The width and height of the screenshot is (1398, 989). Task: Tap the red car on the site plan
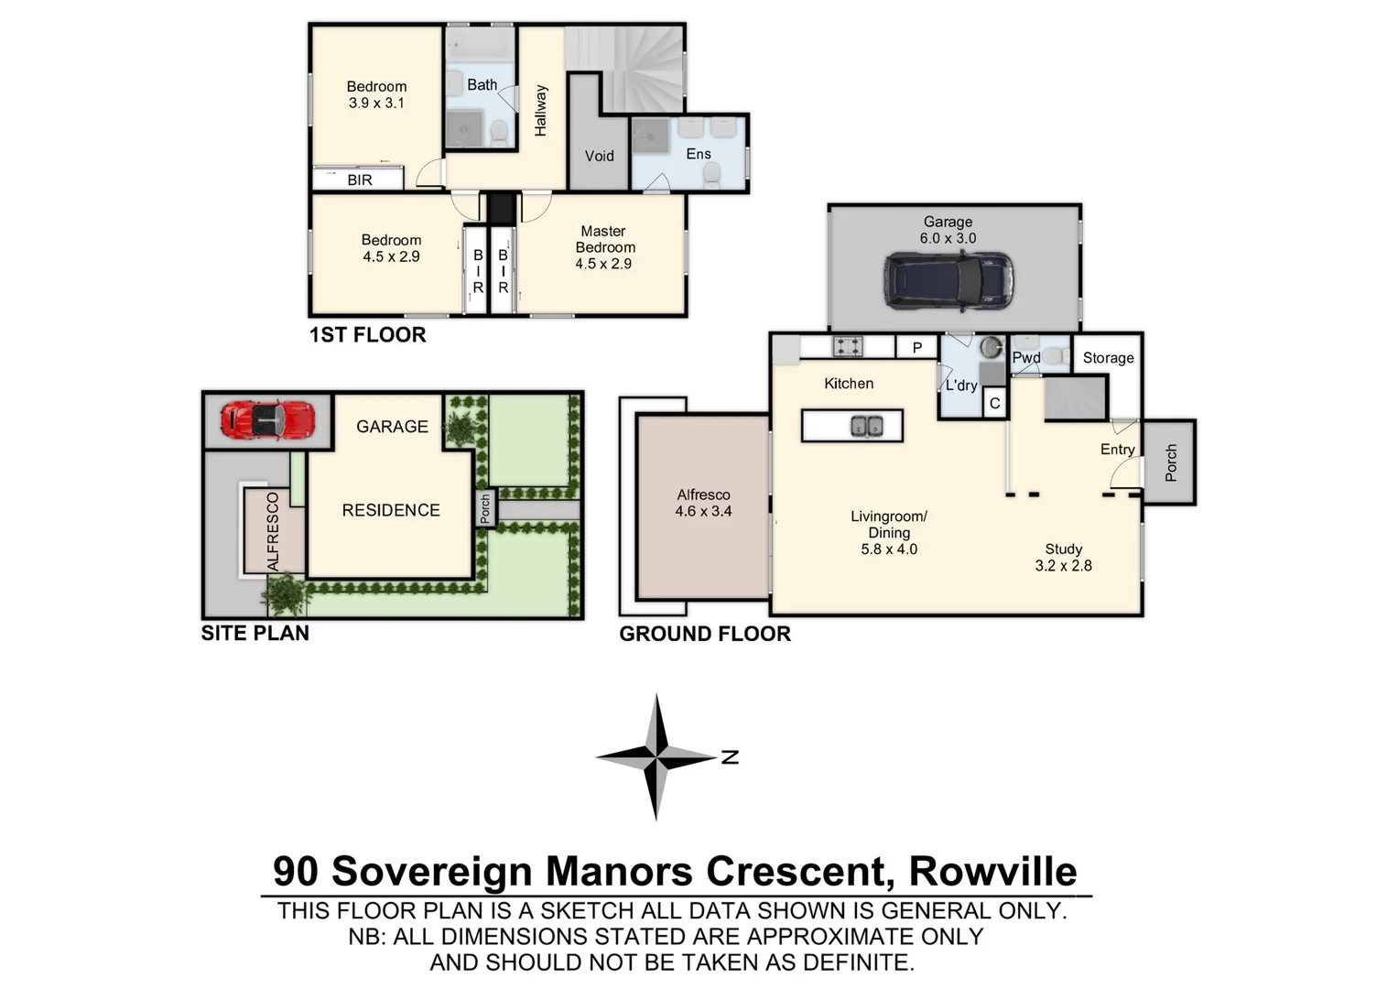[x=267, y=420]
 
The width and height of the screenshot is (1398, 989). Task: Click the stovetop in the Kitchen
[x=847, y=346]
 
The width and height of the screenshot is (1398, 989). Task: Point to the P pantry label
[x=916, y=348]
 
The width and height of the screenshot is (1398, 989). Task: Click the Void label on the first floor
[x=599, y=156]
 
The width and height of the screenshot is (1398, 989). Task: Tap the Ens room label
[x=698, y=154]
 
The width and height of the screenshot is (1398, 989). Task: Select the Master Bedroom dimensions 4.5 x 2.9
[x=603, y=264]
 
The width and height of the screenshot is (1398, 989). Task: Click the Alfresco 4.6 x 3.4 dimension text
[x=703, y=511]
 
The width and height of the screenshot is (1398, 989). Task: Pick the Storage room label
[x=1108, y=358]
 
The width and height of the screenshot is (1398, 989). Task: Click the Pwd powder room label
[x=1026, y=358]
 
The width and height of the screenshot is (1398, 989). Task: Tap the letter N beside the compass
[x=730, y=756]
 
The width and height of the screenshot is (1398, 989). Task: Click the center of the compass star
[x=656, y=756]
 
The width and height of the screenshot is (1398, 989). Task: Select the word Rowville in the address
[x=992, y=871]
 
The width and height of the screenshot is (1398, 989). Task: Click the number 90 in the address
[x=296, y=871]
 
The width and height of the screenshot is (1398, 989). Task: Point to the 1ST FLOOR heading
[x=367, y=335]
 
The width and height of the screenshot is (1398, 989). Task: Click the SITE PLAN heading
[x=255, y=634]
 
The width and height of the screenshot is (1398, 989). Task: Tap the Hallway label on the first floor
[x=540, y=111]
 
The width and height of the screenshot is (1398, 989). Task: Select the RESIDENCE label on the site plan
[x=391, y=510]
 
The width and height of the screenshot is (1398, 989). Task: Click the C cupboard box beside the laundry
[x=994, y=403]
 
